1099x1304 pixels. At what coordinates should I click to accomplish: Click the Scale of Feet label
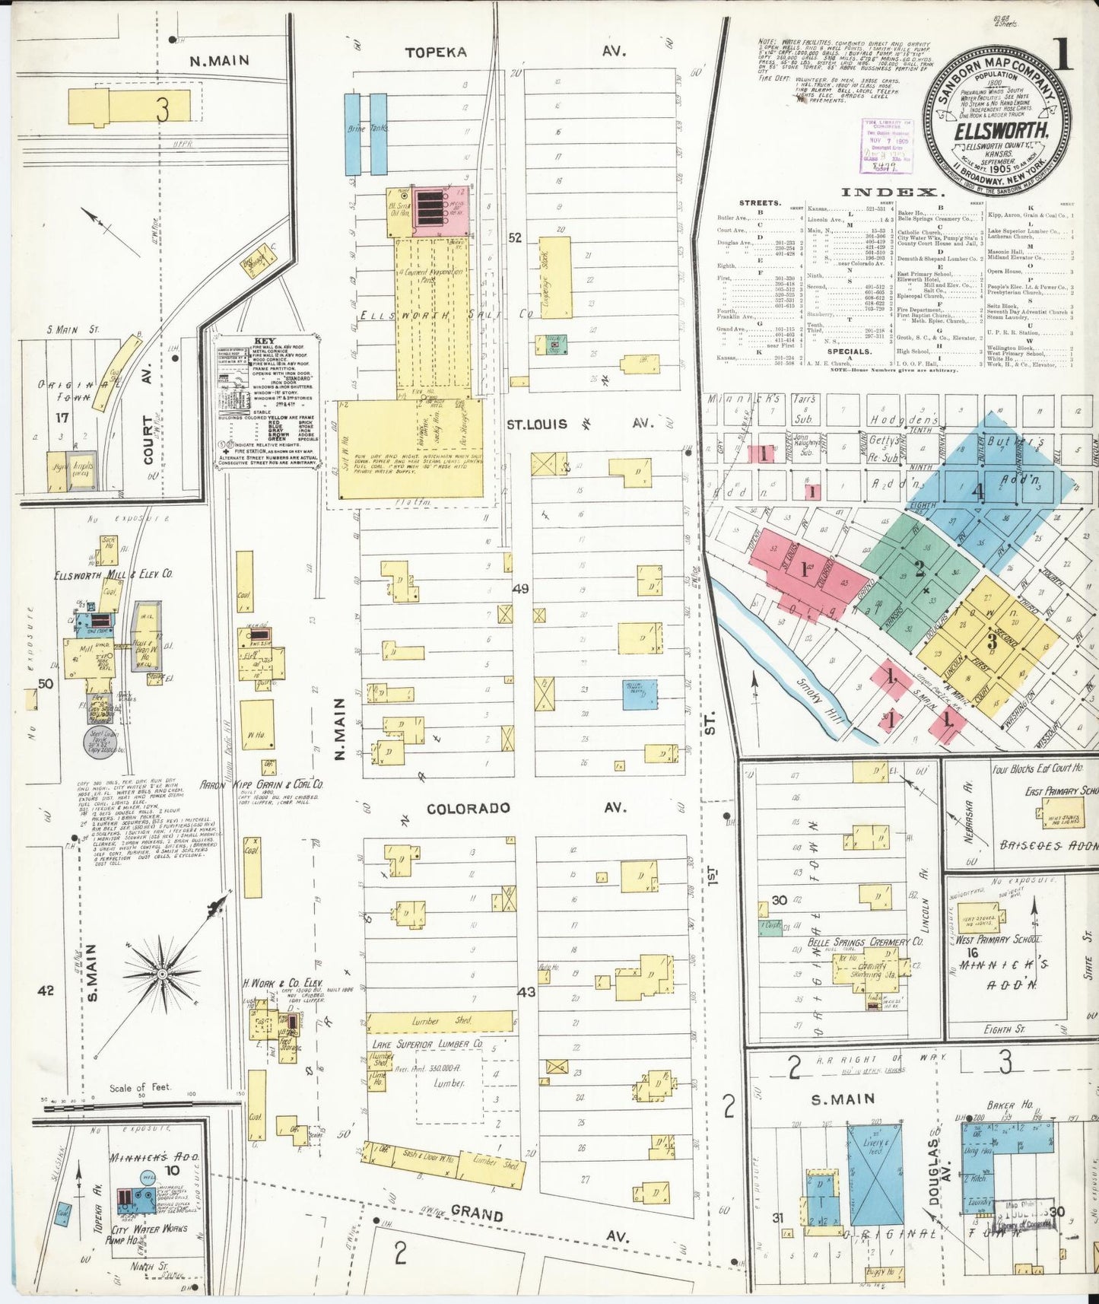[x=140, y=1088]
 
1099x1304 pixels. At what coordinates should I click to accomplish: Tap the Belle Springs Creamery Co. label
[x=866, y=942]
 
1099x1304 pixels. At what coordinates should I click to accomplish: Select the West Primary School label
[x=996, y=940]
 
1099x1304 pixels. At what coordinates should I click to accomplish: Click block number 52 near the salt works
[x=515, y=238]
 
